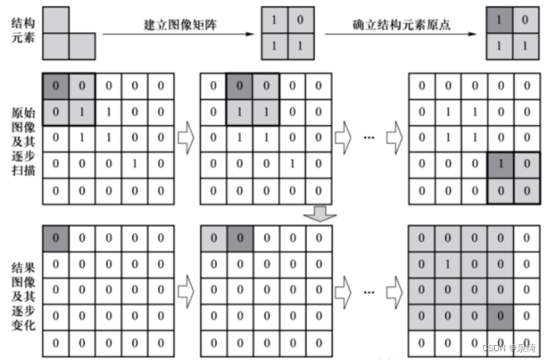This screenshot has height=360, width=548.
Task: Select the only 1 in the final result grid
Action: [x=448, y=262]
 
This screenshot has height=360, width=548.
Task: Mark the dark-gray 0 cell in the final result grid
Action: [x=498, y=316]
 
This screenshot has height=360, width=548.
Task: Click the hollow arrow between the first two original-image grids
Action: [x=185, y=137]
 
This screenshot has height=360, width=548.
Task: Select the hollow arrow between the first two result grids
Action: [x=185, y=290]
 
